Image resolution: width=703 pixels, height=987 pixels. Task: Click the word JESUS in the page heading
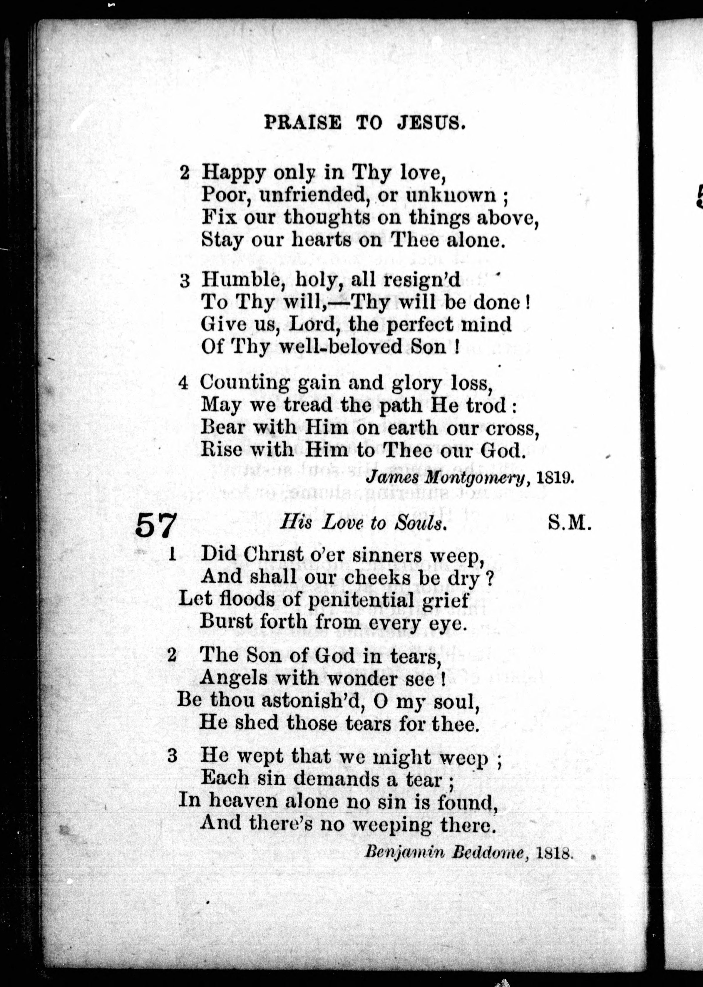(x=431, y=123)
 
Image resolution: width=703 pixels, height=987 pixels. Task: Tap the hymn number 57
(x=156, y=525)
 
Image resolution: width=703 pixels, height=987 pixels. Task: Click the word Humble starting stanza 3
(x=243, y=281)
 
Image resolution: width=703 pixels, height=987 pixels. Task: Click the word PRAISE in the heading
(x=303, y=123)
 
